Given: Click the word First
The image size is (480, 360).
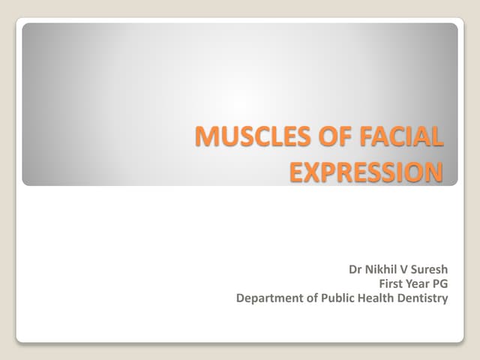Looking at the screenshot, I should tap(393, 283).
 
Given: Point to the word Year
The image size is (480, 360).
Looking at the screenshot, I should tap(419, 283).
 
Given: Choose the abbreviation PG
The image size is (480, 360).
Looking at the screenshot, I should tap(441, 283).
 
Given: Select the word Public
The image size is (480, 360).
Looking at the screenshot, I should tap(331, 298).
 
